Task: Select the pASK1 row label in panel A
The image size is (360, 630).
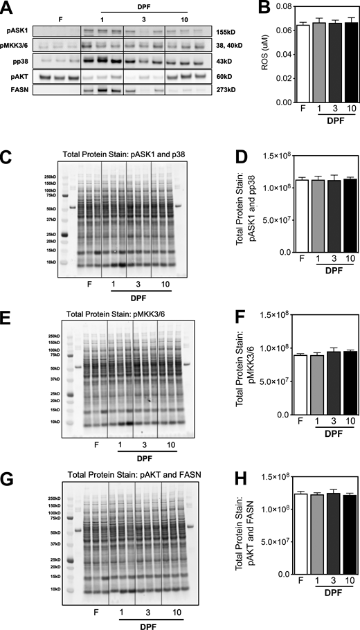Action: click(15, 31)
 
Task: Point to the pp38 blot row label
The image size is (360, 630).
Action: click(15, 60)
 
